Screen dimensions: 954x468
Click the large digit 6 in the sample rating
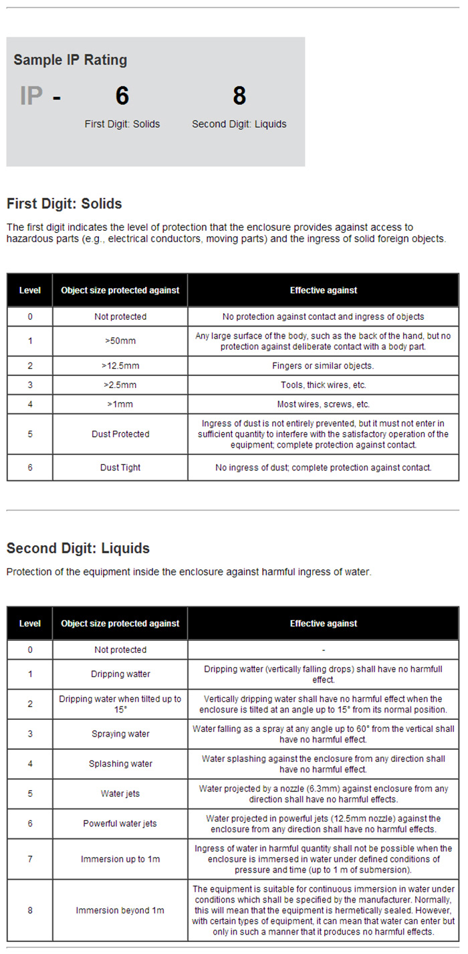pyautogui.click(x=122, y=96)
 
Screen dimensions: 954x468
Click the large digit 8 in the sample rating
pyautogui.click(x=239, y=96)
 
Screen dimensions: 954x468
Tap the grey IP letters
pyautogui.click(x=31, y=96)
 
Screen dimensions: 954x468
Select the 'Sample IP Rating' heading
pyautogui.click(x=70, y=60)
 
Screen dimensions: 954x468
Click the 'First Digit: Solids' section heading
pyautogui.click(x=64, y=203)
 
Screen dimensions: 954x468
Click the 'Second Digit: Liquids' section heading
pyautogui.click(x=78, y=549)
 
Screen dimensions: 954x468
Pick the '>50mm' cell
pyautogui.click(x=120, y=341)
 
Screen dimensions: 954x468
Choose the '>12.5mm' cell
pyautogui.click(x=120, y=366)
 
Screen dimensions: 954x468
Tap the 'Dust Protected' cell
pyautogui.click(x=120, y=434)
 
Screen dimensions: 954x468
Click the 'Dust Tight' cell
pyautogui.click(x=120, y=468)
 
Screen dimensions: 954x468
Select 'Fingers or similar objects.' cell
pyautogui.click(x=323, y=366)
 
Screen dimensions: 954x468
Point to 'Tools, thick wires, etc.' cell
pyautogui.click(x=323, y=385)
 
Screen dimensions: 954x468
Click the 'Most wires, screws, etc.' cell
pyautogui.click(x=323, y=404)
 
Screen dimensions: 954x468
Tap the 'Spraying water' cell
pyautogui.click(x=120, y=734)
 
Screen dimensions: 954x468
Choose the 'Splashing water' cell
pyautogui.click(x=120, y=764)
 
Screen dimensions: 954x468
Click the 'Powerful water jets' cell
pyautogui.click(x=120, y=824)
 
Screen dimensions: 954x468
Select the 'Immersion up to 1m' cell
pyautogui.click(x=120, y=859)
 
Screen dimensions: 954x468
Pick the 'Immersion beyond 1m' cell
pyautogui.click(x=120, y=911)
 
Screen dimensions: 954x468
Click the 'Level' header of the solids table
pyautogui.click(x=30, y=290)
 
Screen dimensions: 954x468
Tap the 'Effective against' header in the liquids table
pyautogui.click(x=323, y=624)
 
